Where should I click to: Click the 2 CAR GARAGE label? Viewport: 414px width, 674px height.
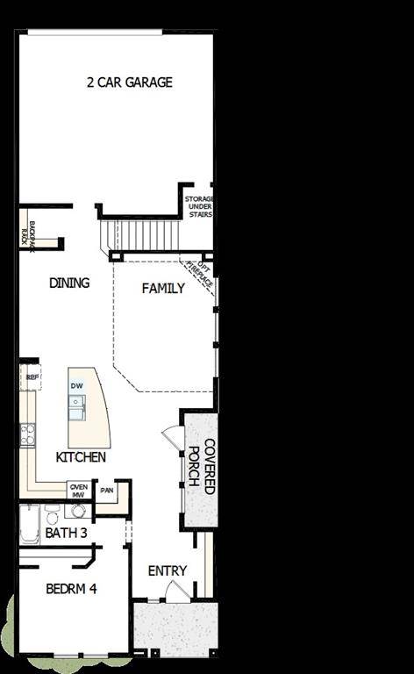coord(129,82)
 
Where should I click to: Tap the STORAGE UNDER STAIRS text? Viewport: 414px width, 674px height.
coord(199,207)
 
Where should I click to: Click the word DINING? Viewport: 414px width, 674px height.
coord(69,283)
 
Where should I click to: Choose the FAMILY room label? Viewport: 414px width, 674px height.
coord(163,288)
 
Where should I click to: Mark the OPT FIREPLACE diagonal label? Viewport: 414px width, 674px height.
coord(204,278)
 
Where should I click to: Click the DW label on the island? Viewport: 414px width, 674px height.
coord(77,386)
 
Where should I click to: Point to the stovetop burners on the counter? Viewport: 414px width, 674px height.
coord(28,432)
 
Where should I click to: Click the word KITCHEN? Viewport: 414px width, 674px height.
coord(81,457)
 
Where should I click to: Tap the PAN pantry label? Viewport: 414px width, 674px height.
coord(107,491)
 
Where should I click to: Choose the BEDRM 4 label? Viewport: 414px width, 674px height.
coord(66,589)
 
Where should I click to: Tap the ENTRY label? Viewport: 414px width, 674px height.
coord(167,570)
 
